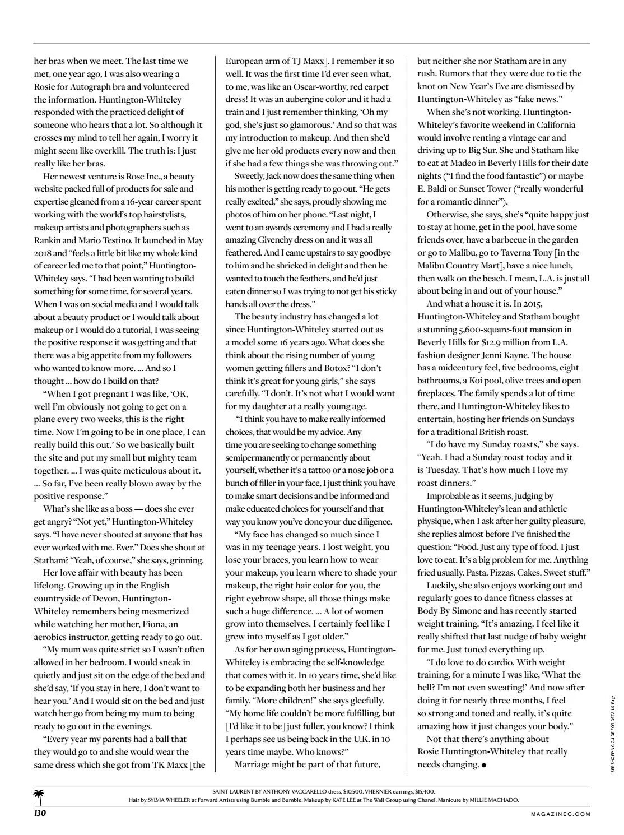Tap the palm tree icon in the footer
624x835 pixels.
pos(39,796)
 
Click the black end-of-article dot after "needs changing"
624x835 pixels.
pos(484,765)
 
